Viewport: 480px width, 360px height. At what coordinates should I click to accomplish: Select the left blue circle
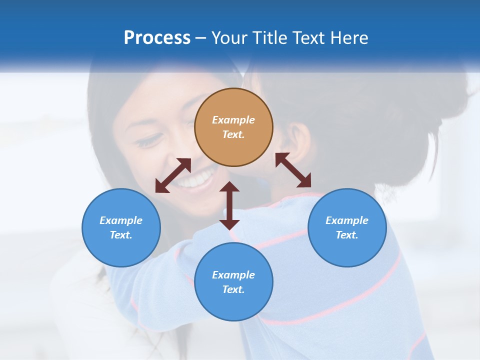[x=121, y=227]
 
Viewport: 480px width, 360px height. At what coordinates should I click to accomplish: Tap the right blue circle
[x=346, y=227]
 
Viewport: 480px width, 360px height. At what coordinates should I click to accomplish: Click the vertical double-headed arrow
[x=229, y=205]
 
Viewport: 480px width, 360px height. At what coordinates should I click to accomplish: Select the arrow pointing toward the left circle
[x=173, y=175]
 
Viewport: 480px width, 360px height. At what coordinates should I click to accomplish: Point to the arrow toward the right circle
[x=293, y=170]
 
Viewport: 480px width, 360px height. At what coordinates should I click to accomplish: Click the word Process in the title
[x=157, y=38]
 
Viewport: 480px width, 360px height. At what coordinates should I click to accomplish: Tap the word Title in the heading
[x=269, y=38]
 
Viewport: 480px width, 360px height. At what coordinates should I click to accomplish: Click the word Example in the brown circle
[x=233, y=120]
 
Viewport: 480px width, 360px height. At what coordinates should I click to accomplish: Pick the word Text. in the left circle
[x=121, y=235]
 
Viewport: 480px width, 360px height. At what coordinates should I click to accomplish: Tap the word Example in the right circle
[x=346, y=220]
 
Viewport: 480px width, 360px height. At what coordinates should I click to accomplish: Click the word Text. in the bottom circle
[x=233, y=289]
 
